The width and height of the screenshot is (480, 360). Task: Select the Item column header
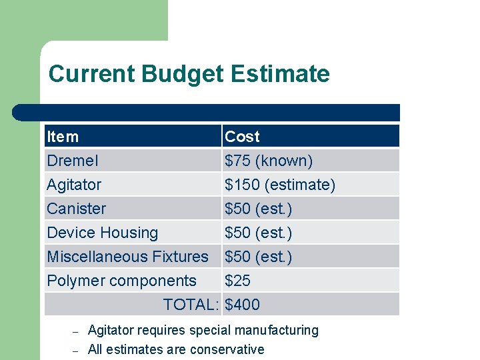coord(63,137)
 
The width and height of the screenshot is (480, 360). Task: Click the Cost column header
coord(242,137)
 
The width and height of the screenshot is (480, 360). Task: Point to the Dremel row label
coord(72,161)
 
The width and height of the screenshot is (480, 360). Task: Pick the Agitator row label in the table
coord(74,185)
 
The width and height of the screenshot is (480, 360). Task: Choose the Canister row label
coord(76,209)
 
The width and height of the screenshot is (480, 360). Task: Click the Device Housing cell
coord(102,233)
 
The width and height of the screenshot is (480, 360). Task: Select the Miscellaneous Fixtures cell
coord(127,257)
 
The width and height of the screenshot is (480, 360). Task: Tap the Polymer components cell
coord(121,281)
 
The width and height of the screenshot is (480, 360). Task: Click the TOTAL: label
coord(191,305)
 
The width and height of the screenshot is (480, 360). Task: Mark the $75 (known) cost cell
coord(269,161)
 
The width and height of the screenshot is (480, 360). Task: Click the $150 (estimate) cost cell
coord(280,185)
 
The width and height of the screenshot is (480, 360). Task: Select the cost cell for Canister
coord(258,209)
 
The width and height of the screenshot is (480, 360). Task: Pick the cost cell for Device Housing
coord(258,233)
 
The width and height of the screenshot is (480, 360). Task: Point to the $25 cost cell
coord(238,281)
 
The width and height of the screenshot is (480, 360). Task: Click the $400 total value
coord(242,305)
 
